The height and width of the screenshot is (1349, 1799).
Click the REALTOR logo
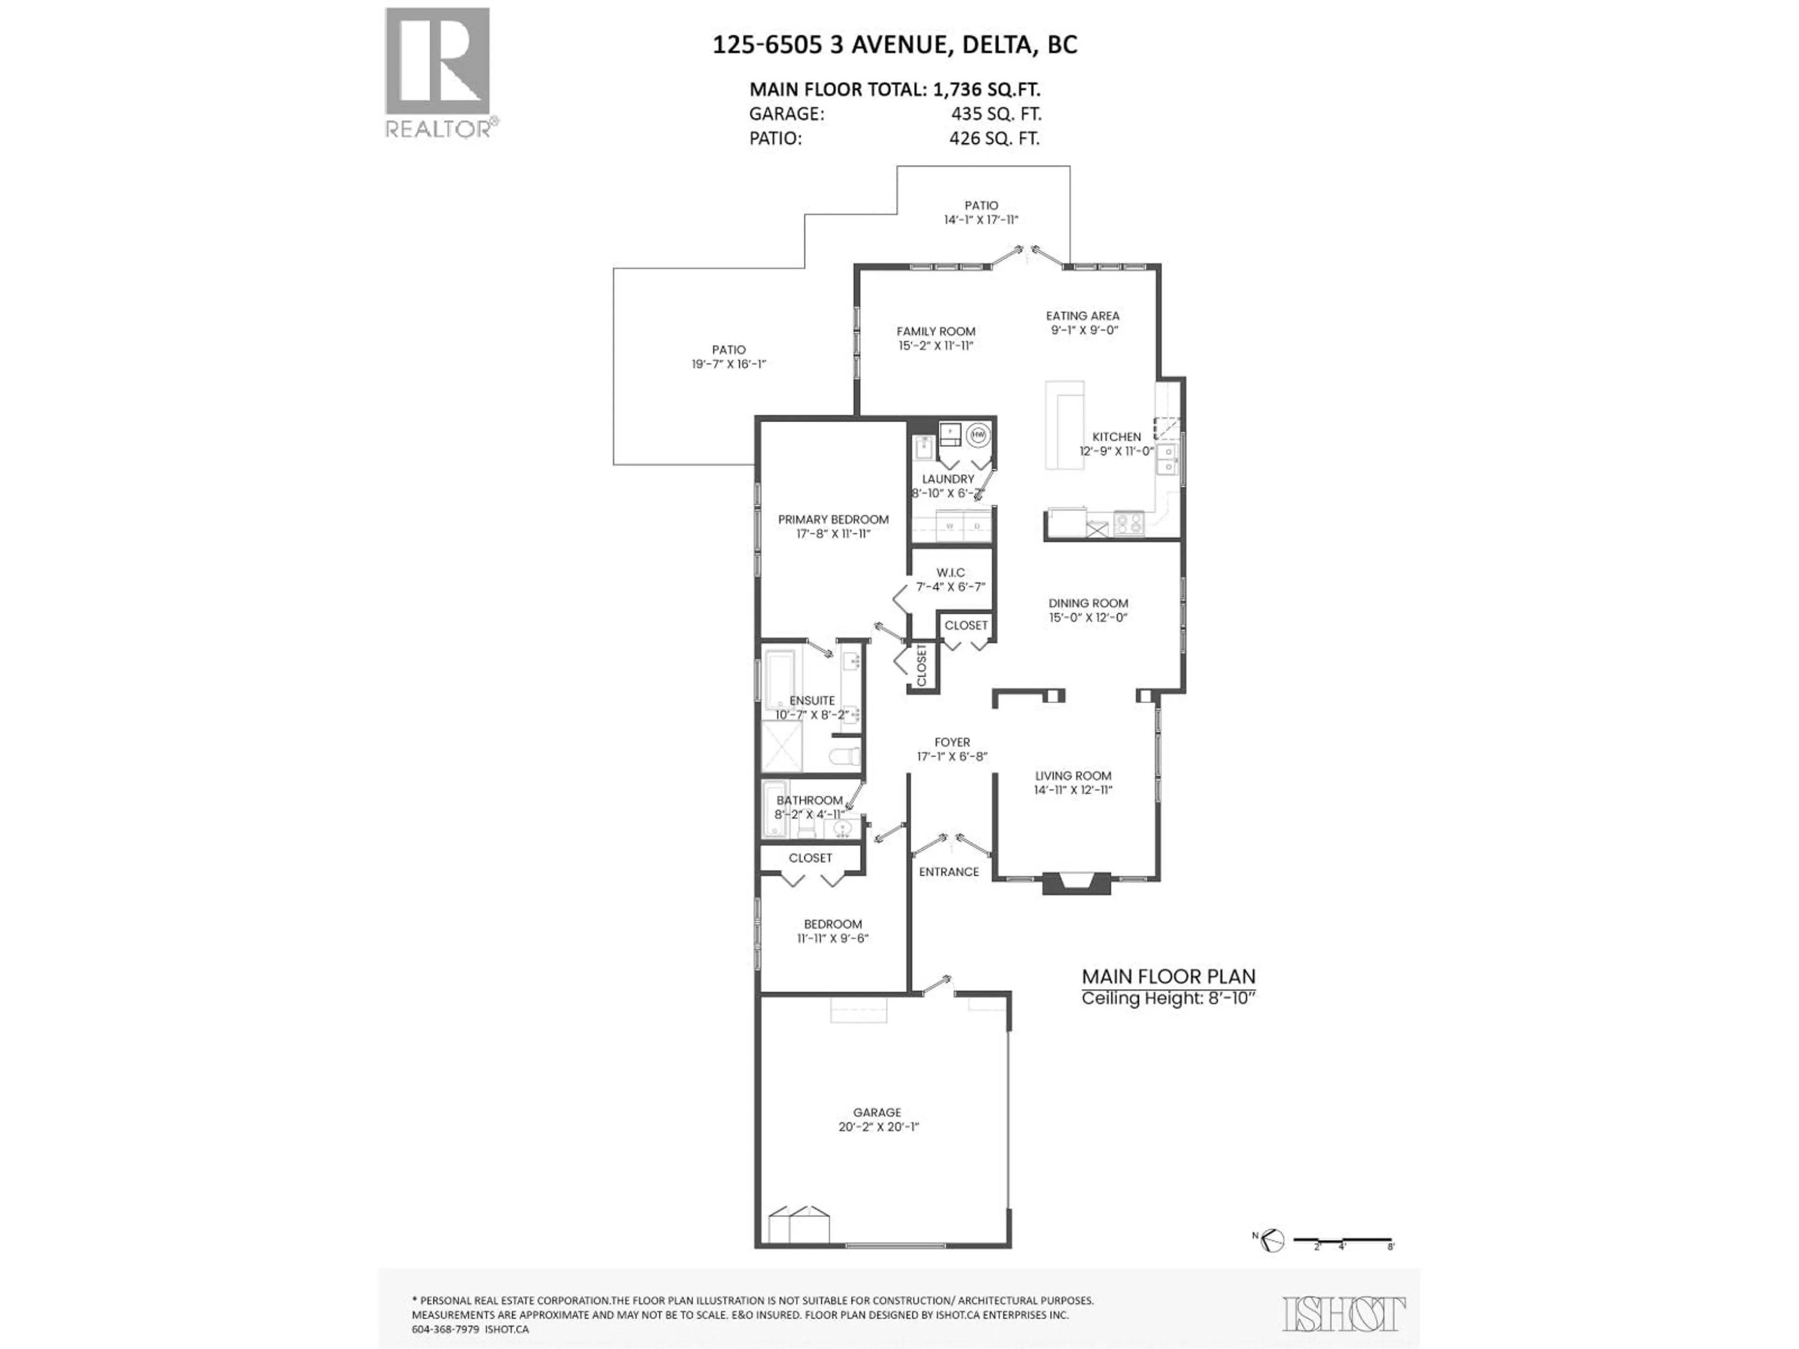click(438, 73)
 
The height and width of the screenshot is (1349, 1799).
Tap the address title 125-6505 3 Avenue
click(895, 44)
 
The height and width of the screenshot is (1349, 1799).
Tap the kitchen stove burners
click(1128, 524)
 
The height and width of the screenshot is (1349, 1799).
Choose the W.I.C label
click(950, 572)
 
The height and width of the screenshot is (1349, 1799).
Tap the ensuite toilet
click(846, 756)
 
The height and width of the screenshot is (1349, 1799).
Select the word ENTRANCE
click(948, 872)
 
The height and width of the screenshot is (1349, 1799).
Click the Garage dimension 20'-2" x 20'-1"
click(877, 1127)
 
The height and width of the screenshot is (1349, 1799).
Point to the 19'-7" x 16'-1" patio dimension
click(728, 364)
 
